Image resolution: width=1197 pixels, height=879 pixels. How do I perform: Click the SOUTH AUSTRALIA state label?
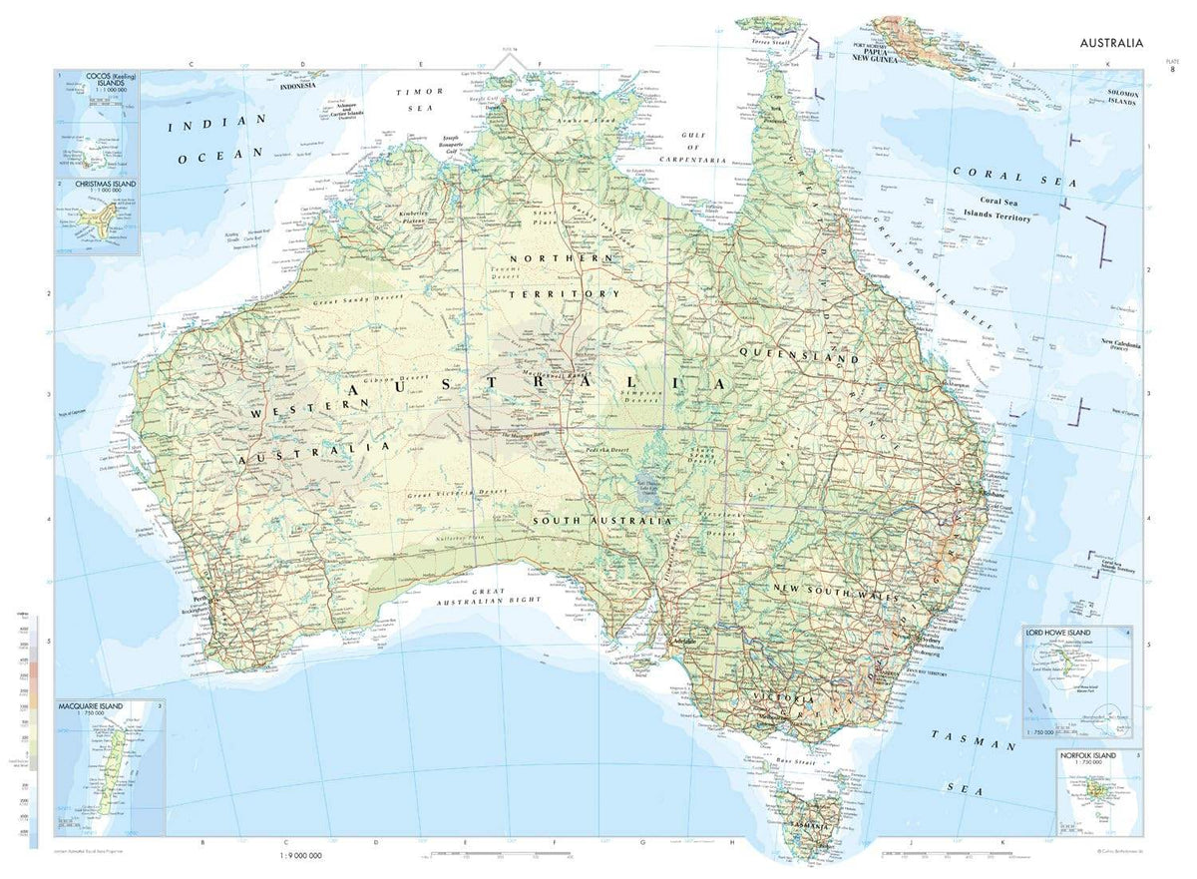click(x=600, y=521)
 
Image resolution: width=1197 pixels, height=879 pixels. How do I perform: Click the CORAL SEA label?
click(x=1014, y=177)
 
